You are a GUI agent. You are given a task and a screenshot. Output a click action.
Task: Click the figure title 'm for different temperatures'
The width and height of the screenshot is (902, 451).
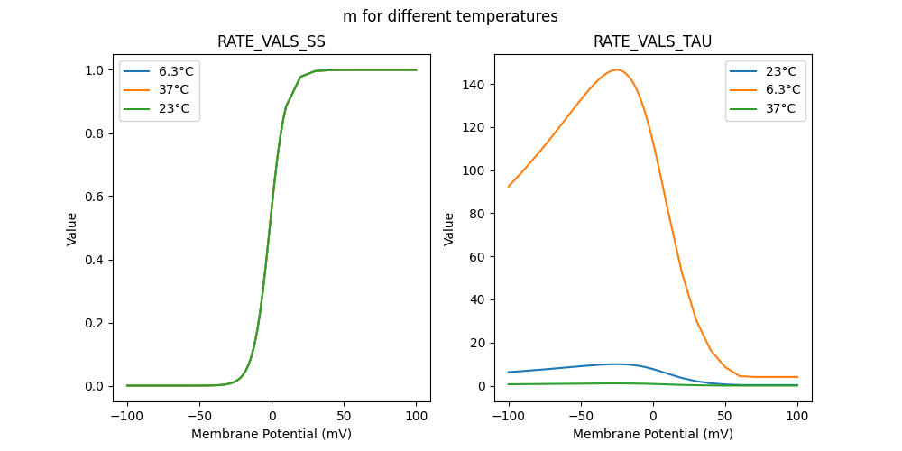[450, 16]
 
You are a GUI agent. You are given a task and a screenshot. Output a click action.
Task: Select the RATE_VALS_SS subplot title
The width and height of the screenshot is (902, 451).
[272, 41]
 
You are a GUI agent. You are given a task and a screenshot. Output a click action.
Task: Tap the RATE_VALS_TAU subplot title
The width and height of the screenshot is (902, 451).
[652, 41]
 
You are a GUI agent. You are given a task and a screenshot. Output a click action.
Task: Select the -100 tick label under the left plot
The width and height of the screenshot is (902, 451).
[127, 416]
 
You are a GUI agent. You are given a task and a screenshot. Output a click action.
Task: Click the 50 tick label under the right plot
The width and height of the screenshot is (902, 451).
[725, 416]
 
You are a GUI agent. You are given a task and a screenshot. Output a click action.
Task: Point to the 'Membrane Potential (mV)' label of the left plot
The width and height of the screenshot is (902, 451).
[272, 434]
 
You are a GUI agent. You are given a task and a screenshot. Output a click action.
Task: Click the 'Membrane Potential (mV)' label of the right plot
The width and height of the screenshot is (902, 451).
[652, 434]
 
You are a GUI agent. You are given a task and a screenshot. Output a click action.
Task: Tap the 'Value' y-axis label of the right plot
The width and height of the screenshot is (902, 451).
[448, 229]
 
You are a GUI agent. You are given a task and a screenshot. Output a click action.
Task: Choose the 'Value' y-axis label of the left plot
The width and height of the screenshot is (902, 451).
[72, 229]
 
